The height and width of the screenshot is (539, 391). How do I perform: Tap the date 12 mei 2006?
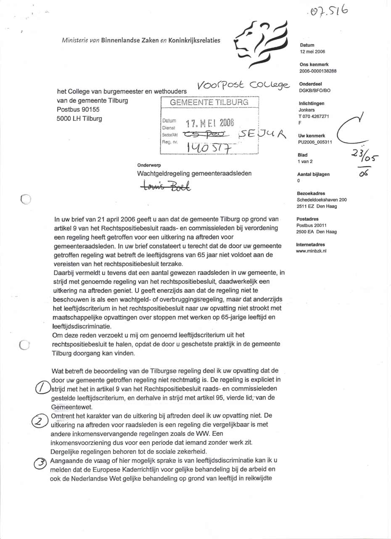(x=312, y=52)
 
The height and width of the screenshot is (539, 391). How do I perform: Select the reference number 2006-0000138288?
(x=318, y=71)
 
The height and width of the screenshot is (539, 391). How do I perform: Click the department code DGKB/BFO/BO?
(x=315, y=91)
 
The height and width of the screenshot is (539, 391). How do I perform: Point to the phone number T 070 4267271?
(x=314, y=116)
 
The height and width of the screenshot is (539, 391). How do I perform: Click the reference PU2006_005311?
(x=315, y=142)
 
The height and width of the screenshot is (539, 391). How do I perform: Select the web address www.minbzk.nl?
(x=312, y=251)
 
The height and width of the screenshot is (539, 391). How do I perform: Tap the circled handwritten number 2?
(x=39, y=421)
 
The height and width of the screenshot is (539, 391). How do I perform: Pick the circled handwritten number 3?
(x=40, y=463)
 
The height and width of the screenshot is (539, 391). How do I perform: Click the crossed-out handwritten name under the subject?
(x=166, y=185)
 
